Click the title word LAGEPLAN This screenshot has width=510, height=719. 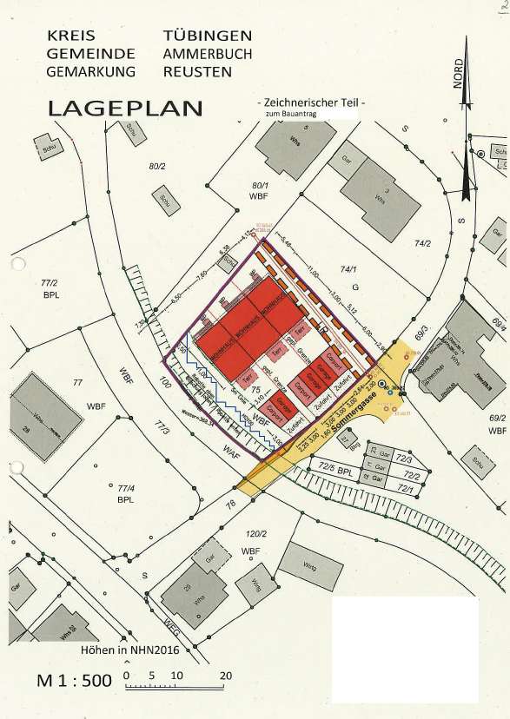coord(125,109)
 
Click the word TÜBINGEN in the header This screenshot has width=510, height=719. coord(208,36)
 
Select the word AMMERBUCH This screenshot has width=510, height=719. coord(208,54)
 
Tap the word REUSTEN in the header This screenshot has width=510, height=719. coord(197,71)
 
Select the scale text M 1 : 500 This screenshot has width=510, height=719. coord(74,681)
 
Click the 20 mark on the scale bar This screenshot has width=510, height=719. coord(226,675)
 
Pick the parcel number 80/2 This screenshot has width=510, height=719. coord(156,166)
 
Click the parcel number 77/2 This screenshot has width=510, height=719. coord(49,283)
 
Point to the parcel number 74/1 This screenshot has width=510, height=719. coord(349,270)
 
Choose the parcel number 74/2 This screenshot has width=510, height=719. coord(422,244)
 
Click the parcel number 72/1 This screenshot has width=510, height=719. coord(405,490)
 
